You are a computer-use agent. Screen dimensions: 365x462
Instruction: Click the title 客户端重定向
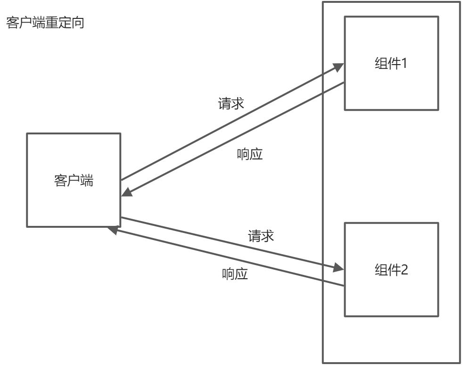tap(45, 23)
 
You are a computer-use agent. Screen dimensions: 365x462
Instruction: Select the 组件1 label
tap(391, 63)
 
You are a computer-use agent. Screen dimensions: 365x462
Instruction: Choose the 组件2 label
tap(391, 270)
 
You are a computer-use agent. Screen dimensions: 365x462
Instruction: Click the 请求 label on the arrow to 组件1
tap(231, 103)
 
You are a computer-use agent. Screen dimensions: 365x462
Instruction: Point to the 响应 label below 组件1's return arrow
tap(249, 154)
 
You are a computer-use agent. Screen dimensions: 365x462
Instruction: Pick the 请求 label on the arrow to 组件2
tap(261, 236)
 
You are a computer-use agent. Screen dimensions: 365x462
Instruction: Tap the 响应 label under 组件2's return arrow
tap(235, 274)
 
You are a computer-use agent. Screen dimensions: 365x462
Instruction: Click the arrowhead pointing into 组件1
tap(338, 68)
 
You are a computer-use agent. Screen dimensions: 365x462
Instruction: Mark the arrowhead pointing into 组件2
tap(338, 268)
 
